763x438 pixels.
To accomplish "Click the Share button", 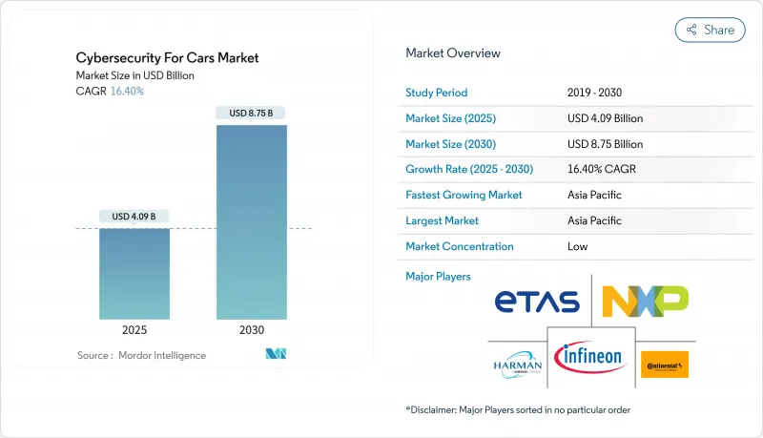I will pyautogui.click(x=710, y=30).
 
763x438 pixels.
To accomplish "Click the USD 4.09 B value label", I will pyautogui.click(x=134, y=216).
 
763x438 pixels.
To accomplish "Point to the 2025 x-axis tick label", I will pyautogui.click(x=134, y=331).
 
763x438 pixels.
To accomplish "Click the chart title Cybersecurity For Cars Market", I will pyautogui.click(x=167, y=58).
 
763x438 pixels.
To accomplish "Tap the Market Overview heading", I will pyautogui.click(x=453, y=52).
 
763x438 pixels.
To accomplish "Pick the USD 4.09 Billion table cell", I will pyautogui.click(x=605, y=118).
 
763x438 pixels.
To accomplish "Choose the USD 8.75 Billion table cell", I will pyautogui.click(x=605, y=144).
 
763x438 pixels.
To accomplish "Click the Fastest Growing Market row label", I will pyautogui.click(x=464, y=195).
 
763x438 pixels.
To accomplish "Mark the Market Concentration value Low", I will pyautogui.click(x=578, y=246).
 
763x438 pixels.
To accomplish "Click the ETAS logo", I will pyautogui.click(x=537, y=302).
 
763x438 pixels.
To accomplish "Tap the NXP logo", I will pyautogui.click(x=645, y=302).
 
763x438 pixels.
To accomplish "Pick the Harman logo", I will pyautogui.click(x=518, y=364).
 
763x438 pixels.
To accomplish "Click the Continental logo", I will pyautogui.click(x=665, y=365).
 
